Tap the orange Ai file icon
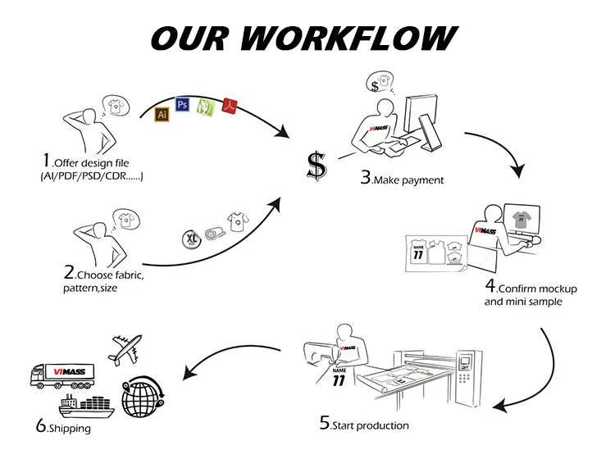[162, 115]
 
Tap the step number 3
[365, 177]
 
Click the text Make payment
[408, 180]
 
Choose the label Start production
[370, 425]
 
